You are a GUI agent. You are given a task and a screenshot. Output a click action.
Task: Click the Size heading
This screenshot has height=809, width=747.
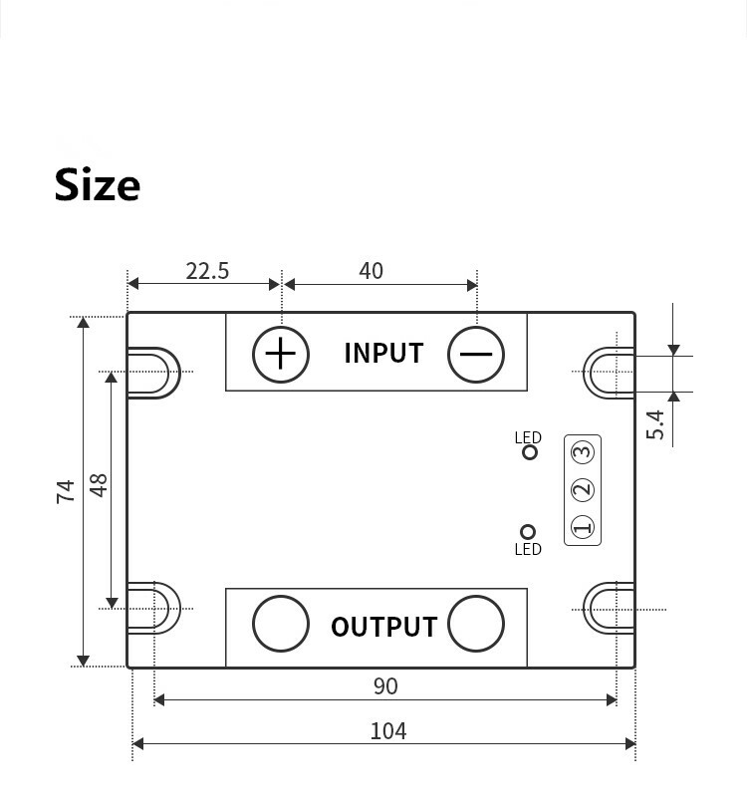point(98,185)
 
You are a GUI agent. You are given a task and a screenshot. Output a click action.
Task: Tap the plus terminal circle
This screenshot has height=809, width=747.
point(281,354)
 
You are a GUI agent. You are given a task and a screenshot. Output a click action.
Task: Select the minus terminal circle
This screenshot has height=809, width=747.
point(476,354)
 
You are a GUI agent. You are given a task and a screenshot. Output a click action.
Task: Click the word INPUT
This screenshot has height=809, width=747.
point(383,354)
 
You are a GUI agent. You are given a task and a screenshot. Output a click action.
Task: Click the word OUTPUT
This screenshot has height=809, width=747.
point(383,627)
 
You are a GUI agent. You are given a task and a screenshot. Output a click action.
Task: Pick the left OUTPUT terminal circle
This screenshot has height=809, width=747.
point(281,624)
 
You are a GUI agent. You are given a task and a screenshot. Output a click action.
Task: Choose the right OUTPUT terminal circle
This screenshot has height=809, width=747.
point(476,624)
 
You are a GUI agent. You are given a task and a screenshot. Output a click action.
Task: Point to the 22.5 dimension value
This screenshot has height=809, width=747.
point(207,271)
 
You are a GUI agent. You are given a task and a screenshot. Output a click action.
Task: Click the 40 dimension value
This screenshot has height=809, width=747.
point(371,271)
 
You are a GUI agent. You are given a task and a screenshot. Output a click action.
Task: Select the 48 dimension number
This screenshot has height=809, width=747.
point(99,485)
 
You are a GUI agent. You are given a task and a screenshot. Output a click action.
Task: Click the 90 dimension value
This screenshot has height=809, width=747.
point(385,686)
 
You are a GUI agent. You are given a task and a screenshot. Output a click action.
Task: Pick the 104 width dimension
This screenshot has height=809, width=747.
point(387,731)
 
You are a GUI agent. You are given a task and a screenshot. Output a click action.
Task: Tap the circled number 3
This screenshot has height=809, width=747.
point(583,451)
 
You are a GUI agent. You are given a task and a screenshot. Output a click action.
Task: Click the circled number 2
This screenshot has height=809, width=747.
point(583,489)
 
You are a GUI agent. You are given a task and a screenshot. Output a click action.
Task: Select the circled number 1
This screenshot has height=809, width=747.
point(583,527)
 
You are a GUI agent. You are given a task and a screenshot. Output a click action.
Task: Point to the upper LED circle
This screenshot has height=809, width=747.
point(530,452)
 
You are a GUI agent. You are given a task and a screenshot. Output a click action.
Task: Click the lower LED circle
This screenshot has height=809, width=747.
point(529,532)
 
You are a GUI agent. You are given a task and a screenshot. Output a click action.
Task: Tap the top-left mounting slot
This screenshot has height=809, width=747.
point(154,373)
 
